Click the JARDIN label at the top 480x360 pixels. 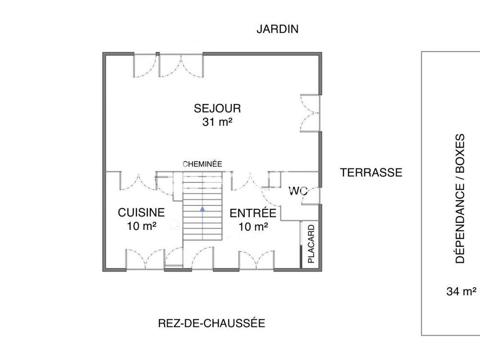coord(277,29)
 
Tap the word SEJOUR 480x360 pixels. coord(217,108)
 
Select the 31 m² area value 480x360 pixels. coord(217,122)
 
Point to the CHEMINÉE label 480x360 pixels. coord(202,164)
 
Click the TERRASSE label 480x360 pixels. coord(371,173)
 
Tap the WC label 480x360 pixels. coord(298,191)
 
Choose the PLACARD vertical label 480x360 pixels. coord(311,244)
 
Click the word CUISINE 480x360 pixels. coord(142,212)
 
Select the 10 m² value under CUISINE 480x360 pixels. coord(142,226)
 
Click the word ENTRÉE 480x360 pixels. coord(252,213)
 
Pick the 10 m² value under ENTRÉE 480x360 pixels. coord(252,227)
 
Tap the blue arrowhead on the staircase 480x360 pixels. coord(202,209)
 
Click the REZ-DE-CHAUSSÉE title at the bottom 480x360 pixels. coord(211,323)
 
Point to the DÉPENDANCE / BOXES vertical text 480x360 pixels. coord(460,198)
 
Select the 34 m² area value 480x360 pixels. coord(461,291)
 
